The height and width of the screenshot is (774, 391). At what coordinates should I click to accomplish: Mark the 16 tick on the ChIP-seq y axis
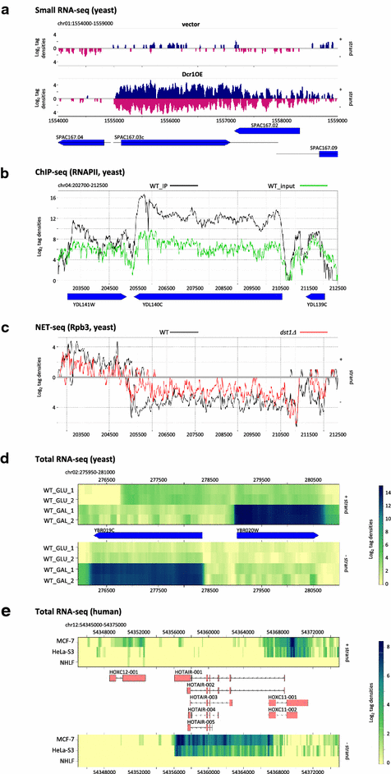point(52,198)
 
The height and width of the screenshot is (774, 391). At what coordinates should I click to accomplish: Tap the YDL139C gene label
point(316,305)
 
